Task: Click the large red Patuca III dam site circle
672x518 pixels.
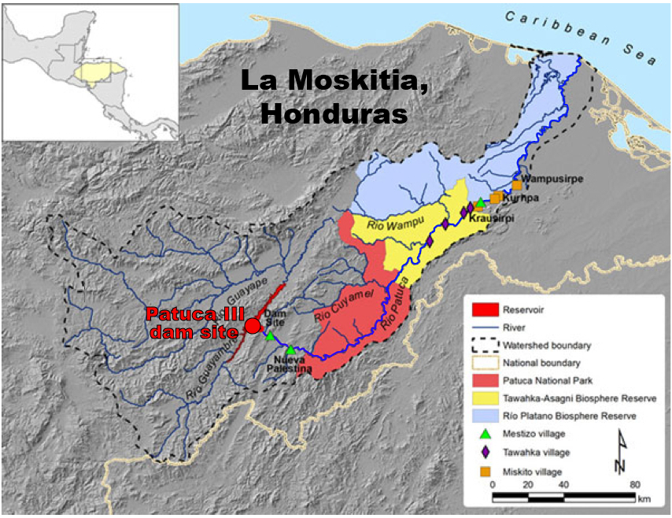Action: (x=253, y=325)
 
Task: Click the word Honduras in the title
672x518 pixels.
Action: (x=334, y=113)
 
